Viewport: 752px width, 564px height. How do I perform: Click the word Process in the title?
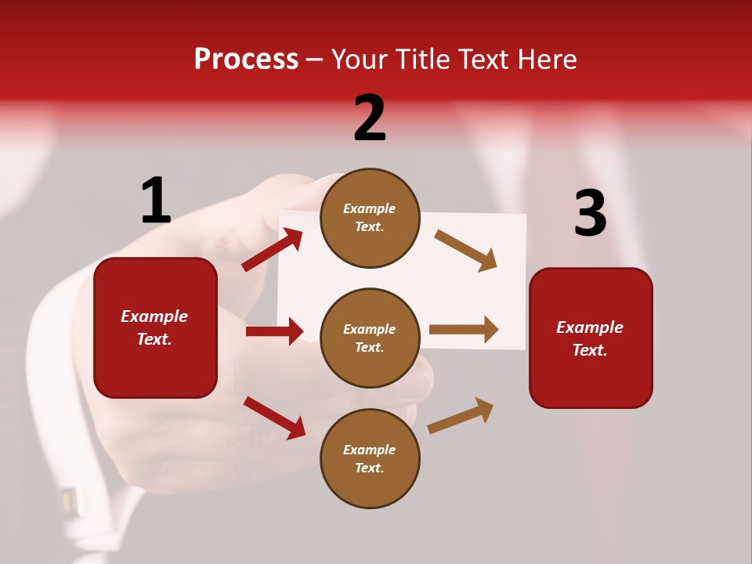point(246,60)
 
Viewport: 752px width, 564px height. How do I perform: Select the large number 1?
point(156,201)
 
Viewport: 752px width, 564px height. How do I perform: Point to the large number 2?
point(370,118)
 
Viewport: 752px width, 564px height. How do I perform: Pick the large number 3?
point(590,213)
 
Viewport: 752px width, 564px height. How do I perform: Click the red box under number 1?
point(155,327)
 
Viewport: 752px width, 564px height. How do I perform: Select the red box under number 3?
point(591,338)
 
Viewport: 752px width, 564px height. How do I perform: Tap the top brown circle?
point(370,218)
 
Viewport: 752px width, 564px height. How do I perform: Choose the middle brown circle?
point(370,338)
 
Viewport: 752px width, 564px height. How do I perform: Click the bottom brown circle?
point(370,458)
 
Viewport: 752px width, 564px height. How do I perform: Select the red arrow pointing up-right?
point(272,250)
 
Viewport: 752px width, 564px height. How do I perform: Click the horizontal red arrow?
point(274,331)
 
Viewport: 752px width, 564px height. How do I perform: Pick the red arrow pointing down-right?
point(274,417)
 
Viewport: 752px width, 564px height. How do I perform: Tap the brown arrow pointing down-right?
point(466,251)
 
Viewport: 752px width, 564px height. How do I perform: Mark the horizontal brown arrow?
point(464,329)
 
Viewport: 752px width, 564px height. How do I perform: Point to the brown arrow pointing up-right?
point(461,415)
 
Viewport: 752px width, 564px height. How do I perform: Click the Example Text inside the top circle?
point(370,218)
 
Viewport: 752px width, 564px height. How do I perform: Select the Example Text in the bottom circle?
point(370,459)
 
